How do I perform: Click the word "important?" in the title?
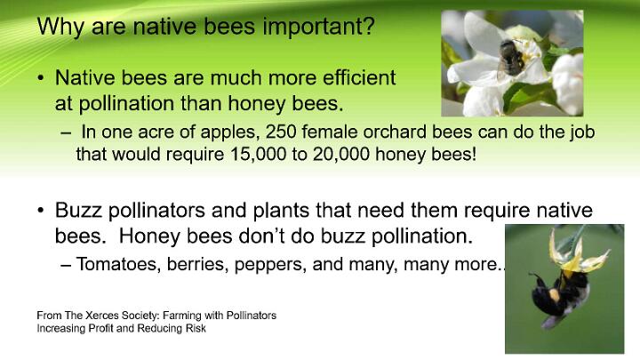(x=318, y=27)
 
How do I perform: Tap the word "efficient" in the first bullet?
(x=359, y=77)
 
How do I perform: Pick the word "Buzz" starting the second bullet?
(x=78, y=211)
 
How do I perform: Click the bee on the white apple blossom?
(x=510, y=59)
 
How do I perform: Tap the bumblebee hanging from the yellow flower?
(x=560, y=295)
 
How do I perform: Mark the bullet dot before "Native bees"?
(x=40, y=77)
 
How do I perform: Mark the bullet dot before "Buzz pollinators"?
(x=40, y=210)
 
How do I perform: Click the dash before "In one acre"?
(x=65, y=133)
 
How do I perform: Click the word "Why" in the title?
(x=61, y=27)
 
